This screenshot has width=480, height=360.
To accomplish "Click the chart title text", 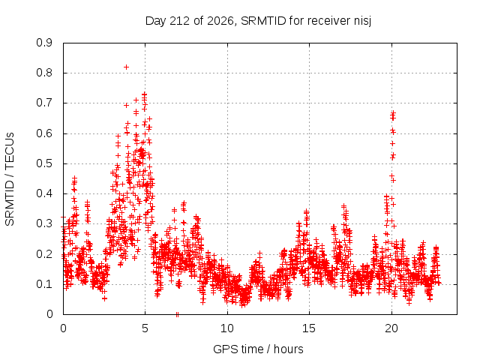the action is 258,21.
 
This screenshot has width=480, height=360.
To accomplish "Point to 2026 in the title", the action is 220,21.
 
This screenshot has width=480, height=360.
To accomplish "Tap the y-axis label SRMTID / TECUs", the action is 10,179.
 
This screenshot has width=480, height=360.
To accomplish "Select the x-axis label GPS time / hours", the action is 258,349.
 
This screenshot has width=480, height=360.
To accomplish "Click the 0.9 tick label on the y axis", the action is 44,43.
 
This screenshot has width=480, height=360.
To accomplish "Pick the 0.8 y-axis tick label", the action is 44,73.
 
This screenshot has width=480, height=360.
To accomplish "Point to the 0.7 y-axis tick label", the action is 44,103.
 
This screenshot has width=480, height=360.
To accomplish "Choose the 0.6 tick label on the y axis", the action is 44,133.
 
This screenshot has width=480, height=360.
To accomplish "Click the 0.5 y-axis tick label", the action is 44,163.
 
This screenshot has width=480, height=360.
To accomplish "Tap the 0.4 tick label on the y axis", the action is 44,193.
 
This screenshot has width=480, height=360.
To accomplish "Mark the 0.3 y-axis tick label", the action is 44,223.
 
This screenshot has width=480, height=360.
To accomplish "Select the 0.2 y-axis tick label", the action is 44,254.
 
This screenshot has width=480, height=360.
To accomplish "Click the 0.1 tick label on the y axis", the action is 44,284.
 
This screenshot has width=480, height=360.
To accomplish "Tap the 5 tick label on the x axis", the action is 145,328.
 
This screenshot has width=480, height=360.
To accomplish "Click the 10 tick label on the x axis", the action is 227,328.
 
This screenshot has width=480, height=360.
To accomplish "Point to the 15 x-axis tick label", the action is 309,328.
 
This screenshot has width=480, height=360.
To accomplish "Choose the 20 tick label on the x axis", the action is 391,328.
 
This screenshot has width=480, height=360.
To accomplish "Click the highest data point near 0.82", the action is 126,67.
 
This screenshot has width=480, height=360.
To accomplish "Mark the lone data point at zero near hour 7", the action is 177,314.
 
